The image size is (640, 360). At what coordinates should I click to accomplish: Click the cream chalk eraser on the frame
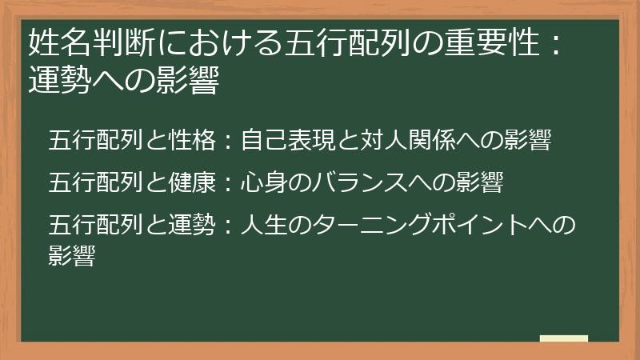tap(564, 338)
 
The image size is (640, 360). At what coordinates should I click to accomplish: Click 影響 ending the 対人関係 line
tap(527, 141)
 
